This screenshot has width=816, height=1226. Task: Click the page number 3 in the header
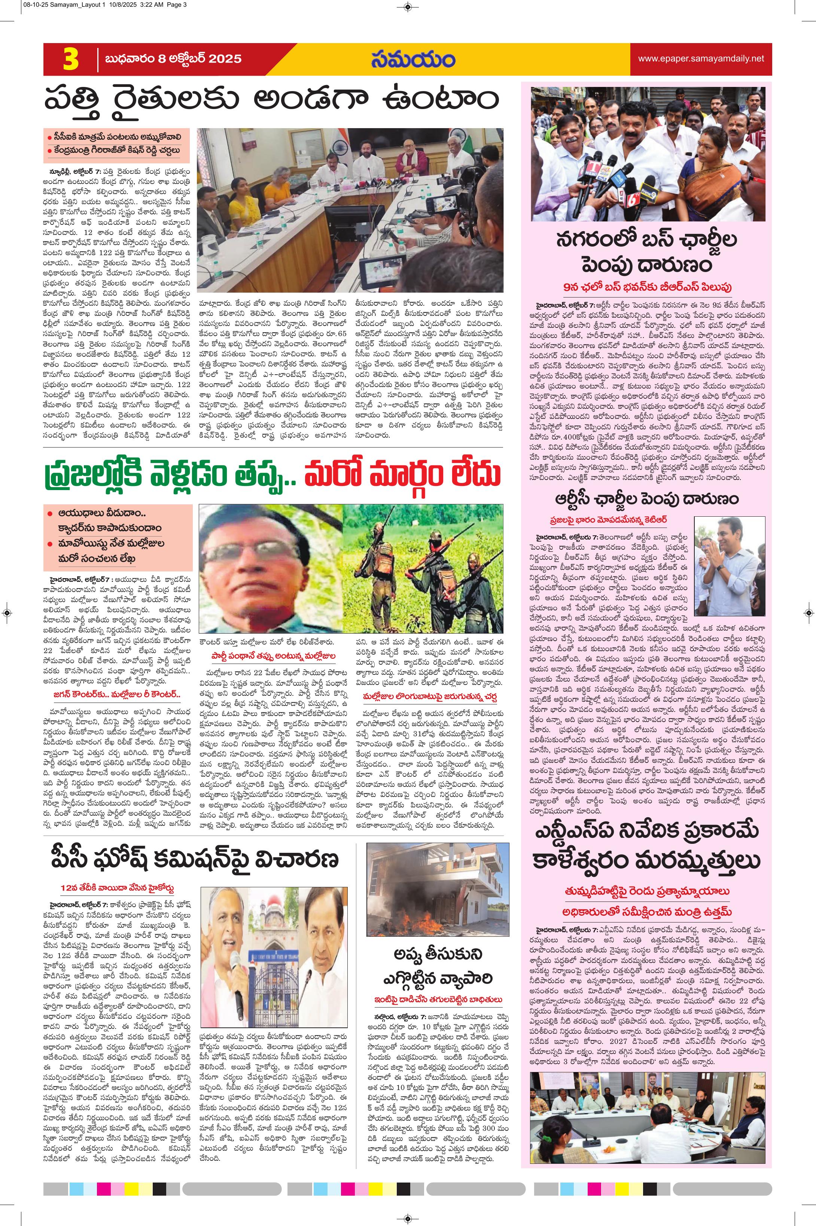coord(71,59)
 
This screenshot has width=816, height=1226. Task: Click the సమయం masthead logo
coord(414,58)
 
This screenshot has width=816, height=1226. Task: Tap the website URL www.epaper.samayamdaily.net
coord(701,58)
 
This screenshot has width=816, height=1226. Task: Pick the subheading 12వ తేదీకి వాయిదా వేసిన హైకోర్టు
coord(116,888)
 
